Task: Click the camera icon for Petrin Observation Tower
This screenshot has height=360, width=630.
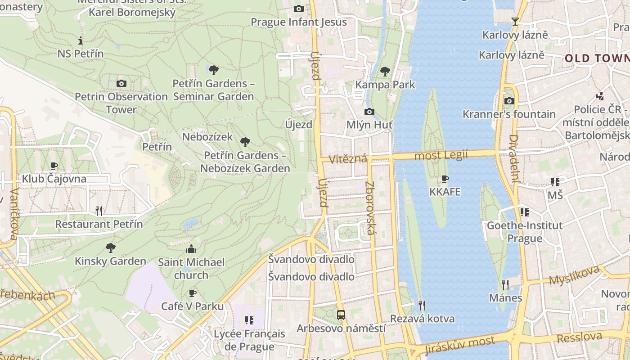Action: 121,83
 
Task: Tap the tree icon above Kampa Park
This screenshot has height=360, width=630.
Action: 385,71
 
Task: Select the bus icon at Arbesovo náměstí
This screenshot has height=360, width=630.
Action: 341,315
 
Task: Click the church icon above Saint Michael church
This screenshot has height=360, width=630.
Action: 191,249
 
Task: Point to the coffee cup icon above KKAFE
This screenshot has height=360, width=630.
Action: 445,179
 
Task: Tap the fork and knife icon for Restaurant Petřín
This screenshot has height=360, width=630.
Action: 99,211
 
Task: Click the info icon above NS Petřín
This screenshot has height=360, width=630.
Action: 81,40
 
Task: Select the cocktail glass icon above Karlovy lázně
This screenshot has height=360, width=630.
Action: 515,21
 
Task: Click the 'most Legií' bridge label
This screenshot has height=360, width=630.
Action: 441,155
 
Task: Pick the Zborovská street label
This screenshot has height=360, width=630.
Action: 370,208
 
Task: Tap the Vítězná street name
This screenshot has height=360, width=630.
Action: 347,159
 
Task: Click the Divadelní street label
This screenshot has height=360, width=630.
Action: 514,157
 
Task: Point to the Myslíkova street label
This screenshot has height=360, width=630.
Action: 575,275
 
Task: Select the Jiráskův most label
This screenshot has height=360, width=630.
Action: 459,345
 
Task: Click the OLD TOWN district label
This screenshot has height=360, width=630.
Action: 597,58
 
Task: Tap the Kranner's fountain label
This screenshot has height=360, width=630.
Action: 509,114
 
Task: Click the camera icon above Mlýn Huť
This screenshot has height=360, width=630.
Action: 369,112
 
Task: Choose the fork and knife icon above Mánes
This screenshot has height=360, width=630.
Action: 505,284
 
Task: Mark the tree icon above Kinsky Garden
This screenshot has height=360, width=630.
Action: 110,247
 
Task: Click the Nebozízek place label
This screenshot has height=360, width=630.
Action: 207,137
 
